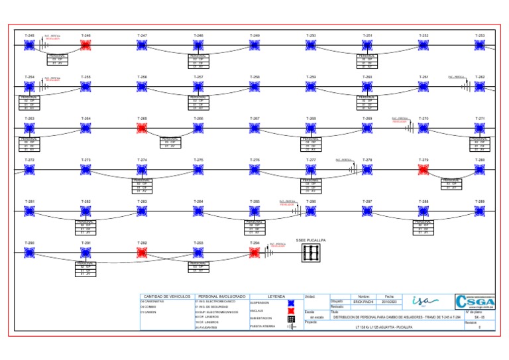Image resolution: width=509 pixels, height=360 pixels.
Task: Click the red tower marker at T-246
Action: (85, 45)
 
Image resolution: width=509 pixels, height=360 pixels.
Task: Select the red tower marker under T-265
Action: (142, 128)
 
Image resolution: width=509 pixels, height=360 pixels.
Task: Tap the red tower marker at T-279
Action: (424, 170)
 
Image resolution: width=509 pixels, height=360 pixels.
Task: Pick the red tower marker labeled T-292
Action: (142, 253)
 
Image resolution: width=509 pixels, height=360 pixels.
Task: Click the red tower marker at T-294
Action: (254, 253)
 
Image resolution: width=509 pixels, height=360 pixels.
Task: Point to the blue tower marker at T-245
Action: (29, 45)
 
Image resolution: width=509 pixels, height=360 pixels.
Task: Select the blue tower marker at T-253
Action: (480, 45)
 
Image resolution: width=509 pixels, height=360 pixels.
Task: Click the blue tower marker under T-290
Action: (29, 253)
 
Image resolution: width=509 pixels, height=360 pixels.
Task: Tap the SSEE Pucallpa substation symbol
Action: (311, 253)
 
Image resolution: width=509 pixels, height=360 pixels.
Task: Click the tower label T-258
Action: (254, 77)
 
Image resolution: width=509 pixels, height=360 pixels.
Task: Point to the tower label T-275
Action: (198, 160)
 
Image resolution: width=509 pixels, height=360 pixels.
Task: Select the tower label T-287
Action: (367, 201)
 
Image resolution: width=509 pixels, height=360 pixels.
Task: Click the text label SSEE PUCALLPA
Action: (311, 239)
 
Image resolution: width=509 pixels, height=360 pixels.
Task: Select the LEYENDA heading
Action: (276, 296)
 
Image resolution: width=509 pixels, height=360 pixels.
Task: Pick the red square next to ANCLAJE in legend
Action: (290, 310)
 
